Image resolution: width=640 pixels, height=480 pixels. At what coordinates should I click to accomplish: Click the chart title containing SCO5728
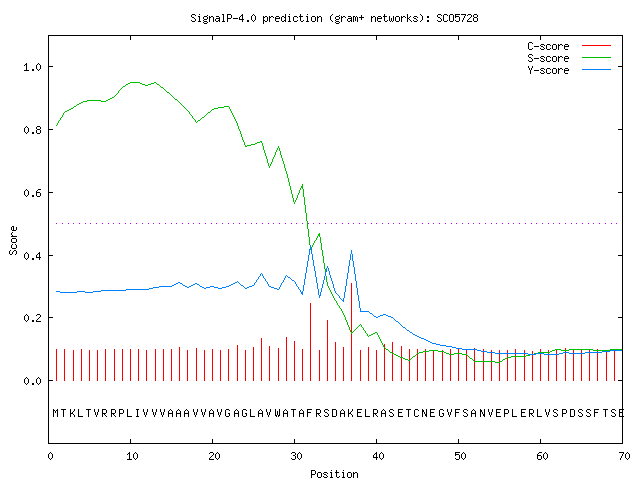(334, 18)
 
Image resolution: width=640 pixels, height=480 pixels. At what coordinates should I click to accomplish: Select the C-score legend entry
(569, 46)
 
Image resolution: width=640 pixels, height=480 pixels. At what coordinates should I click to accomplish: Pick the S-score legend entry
(569, 58)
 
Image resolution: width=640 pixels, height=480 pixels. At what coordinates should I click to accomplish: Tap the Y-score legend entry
(569, 70)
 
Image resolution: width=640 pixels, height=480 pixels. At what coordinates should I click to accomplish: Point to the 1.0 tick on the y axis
(32, 67)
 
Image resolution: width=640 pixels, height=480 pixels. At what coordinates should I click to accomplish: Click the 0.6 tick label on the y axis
(32, 193)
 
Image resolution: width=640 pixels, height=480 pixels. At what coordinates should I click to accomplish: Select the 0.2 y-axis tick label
(32, 318)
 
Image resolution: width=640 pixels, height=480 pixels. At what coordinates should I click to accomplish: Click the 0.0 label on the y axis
(32, 381)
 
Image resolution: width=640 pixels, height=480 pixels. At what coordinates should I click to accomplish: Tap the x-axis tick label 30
(296, 456)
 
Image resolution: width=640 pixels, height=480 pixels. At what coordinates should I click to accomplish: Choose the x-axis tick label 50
(460, 456)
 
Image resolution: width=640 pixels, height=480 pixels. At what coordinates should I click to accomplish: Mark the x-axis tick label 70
(624, 456)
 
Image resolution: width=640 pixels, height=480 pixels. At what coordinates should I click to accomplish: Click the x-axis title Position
(334, 474)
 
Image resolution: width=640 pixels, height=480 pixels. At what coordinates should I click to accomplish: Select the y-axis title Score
(13, 240)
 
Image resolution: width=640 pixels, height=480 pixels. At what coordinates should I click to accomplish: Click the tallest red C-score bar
(351, 331)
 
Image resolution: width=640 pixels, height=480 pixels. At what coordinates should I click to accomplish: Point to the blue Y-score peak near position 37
(351, 251)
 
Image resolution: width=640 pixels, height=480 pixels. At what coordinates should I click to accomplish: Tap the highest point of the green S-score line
(134, 82)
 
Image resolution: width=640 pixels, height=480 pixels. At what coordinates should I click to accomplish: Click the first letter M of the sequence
(56, 413)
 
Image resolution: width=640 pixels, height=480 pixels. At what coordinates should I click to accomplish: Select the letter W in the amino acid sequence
(278, 413)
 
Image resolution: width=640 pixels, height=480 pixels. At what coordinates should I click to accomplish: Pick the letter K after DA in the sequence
(351, 413)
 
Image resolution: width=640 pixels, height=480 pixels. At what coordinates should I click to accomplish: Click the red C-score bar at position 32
(311, 342)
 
